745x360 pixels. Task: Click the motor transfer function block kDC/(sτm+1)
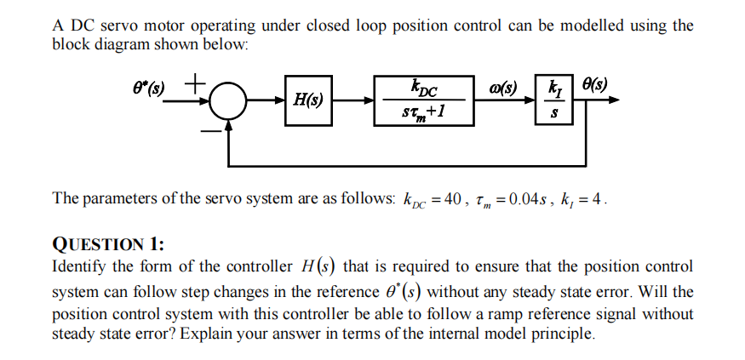(x=423, y=101)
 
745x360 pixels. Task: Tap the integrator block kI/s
(x=554, y=101)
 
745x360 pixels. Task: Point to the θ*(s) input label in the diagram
(x=152, y=89)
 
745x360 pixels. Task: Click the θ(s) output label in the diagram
(x=593, y=85)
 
